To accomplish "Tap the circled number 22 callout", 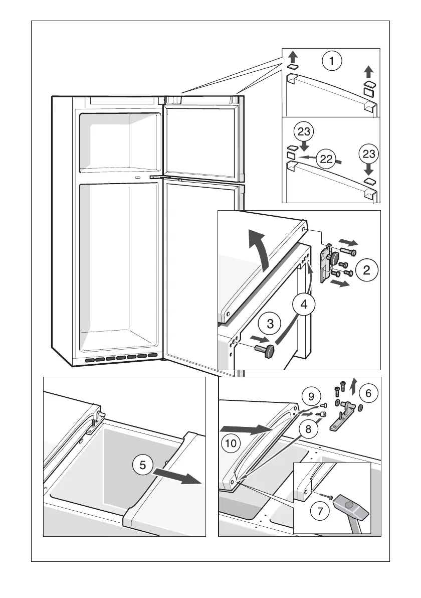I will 326,159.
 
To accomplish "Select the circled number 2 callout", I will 367,270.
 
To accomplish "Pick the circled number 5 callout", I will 143,465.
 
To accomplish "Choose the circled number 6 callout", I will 368,394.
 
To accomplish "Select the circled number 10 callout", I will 230,443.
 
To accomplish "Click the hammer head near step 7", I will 353,505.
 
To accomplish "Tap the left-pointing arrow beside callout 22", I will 306,158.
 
